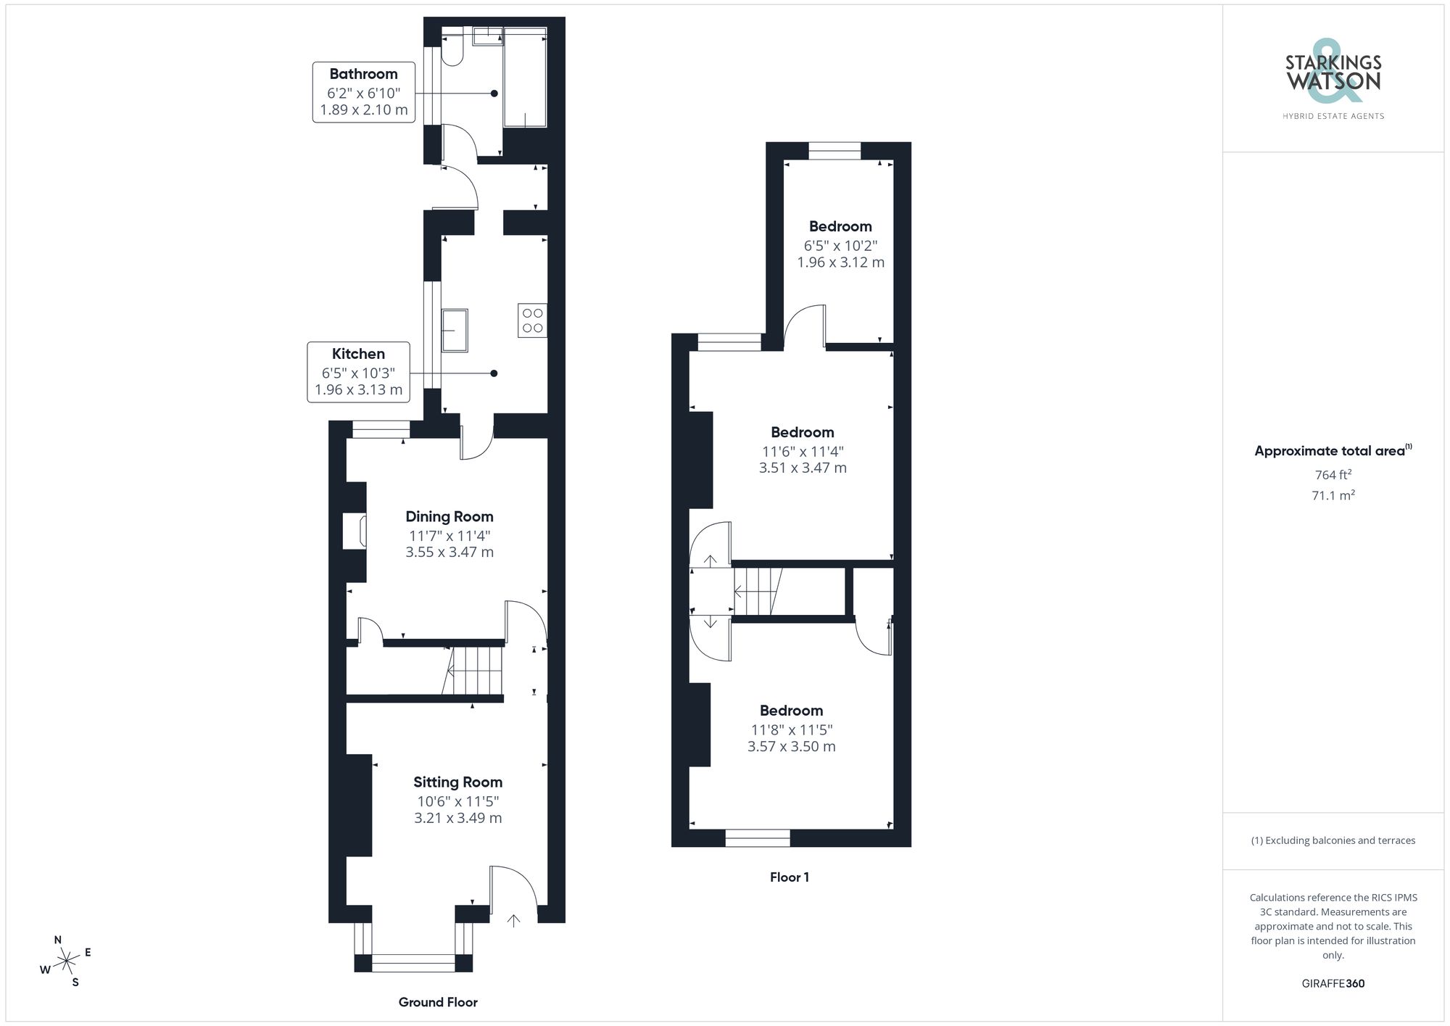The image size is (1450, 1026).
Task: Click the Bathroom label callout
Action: [x=363, y=92]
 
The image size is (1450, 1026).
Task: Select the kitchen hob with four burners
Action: [x=532, y=320]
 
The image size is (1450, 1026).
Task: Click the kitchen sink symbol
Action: [x=455, y=330]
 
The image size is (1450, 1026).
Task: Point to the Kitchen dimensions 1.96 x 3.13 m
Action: [x=358, y=390]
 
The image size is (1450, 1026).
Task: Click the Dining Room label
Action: [x=449, y=516]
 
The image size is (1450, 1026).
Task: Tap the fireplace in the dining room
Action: [x=356, y=531]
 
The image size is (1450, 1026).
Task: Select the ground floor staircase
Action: [x=475, y=670]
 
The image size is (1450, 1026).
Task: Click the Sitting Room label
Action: [x=457, y=782]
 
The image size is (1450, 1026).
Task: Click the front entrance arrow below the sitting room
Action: [x=513, y=921]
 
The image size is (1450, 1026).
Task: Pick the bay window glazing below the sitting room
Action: [x=413, y=963]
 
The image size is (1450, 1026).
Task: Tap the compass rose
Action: [x=66, y=961]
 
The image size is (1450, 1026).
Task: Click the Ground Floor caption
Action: [x=438, y=1002]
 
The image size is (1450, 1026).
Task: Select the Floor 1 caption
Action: [x=789, y=877]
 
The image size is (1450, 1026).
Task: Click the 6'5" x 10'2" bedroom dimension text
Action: [x=840, y=245]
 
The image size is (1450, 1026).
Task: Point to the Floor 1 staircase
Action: [x=758, y=592]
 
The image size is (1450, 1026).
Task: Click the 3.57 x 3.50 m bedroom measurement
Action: [x=791, y=747]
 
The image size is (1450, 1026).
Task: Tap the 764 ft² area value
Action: [x=1333, y=475]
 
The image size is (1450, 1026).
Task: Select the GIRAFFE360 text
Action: [x=1333, y=983]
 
